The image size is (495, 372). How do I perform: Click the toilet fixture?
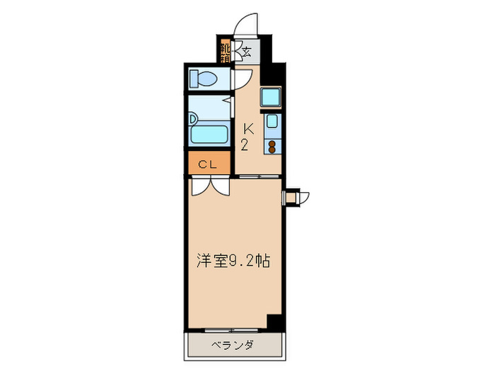[206, 78]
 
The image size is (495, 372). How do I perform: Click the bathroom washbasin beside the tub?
[193, 118]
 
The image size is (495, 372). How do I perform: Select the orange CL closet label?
[209, 164]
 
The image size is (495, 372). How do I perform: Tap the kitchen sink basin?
[272, 120]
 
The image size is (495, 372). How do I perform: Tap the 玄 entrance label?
[246, 51]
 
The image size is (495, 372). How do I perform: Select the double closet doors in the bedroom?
[209, 186]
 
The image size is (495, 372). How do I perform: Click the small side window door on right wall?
[293, 196]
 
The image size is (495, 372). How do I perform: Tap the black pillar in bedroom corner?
[274, 322]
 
